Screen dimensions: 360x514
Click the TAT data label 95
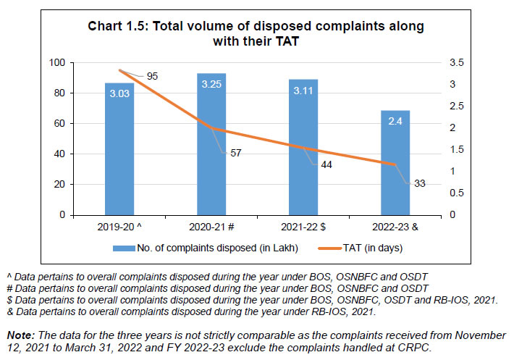click(x=153, y=76)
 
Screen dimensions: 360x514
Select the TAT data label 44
click(x=326, y=165)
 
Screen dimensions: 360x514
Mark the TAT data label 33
click(x=419, y=183)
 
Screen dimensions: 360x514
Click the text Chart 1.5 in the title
click(x=116, y=27)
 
